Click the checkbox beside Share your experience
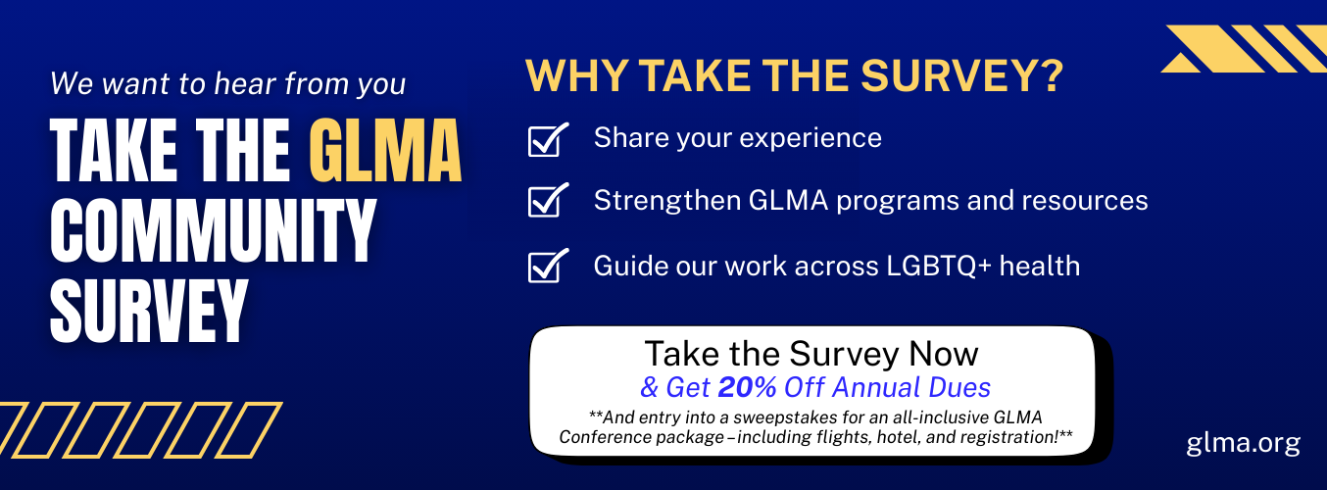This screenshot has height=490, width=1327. (x=547, y=140)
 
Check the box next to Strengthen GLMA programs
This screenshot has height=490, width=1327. (x=547, y=202)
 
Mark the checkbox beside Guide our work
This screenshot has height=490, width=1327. (x=547, y=267)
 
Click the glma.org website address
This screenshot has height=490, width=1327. (x=1243, y=442)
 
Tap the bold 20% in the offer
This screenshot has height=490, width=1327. (x=747, y=387)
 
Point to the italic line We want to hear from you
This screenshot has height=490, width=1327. (x=227, y=83)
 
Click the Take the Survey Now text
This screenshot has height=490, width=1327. (x=811, y=353)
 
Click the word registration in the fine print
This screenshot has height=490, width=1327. (x=1008, y=436)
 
